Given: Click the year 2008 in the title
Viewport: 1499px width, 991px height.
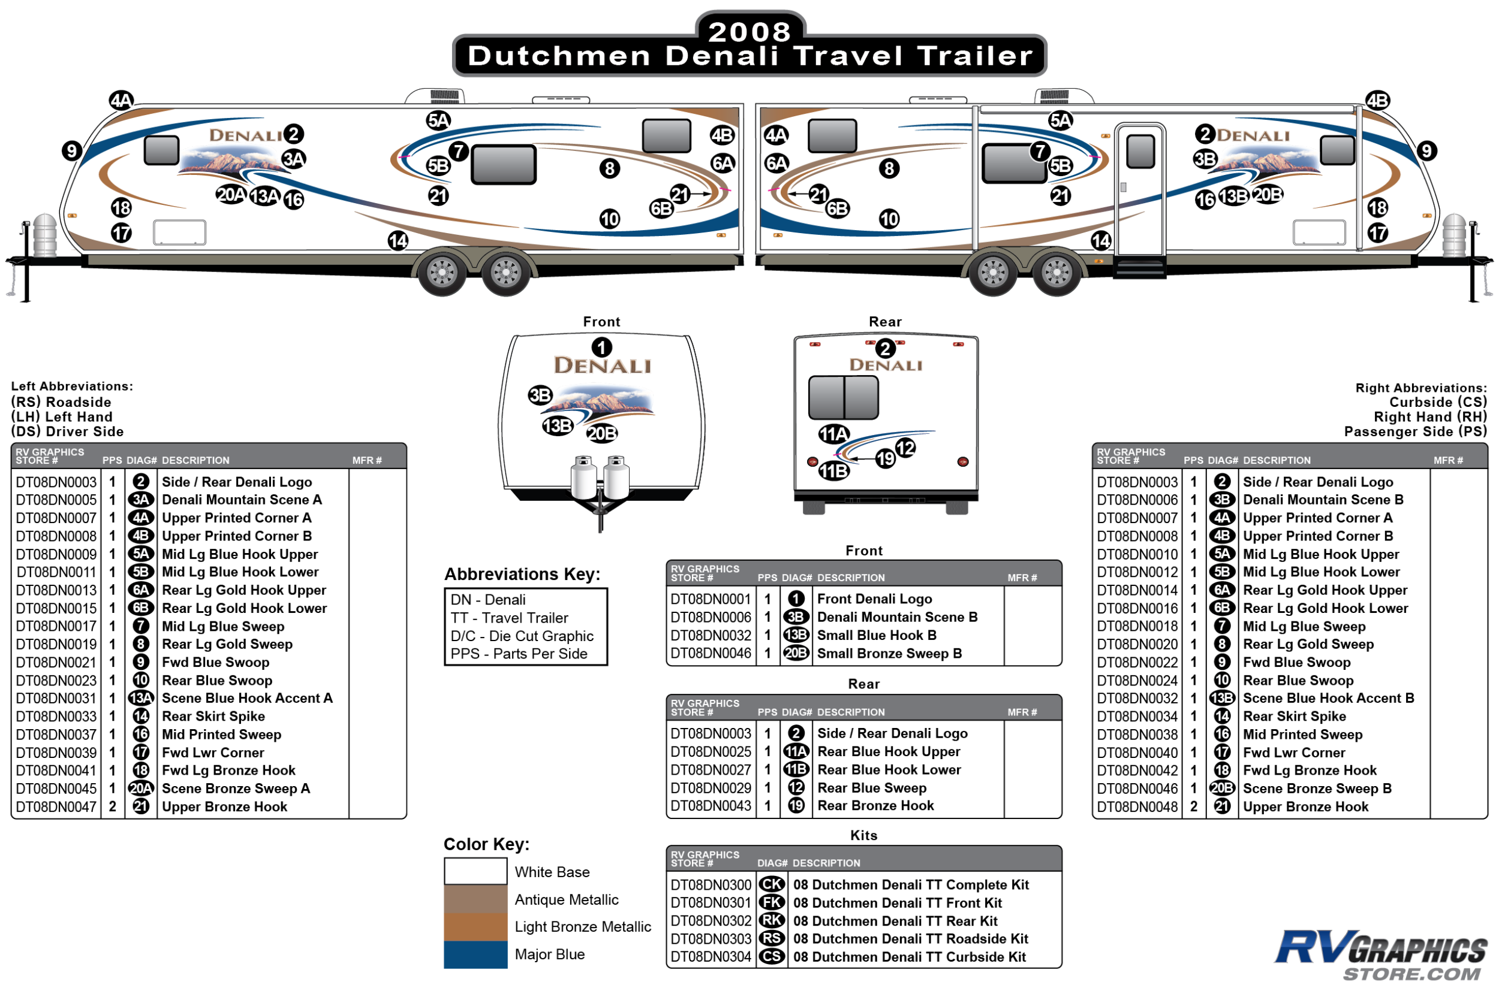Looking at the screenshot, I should click(x=749, y=32).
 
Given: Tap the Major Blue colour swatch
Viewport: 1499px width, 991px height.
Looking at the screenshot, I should click(x=475, y=954).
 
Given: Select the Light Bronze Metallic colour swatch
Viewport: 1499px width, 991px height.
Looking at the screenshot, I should click(x=475, y=926).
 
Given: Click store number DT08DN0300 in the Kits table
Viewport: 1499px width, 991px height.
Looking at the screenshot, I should click(x=711, y=885).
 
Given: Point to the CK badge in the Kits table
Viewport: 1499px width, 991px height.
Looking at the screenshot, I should click(x=772, y=885).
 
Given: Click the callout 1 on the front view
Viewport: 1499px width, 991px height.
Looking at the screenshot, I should click(x=601, y=348).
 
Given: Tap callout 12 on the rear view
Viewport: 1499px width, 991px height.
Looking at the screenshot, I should click(x=905, y=448).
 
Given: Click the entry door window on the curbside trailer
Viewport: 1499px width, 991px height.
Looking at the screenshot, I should click(x=1140, y=151).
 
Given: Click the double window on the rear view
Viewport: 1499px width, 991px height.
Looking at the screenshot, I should click(x=843, y=397).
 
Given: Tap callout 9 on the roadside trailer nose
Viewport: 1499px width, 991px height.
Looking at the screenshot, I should click(x=71, y=151).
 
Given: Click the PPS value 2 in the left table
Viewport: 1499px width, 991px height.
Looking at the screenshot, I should click(x=113, y=807).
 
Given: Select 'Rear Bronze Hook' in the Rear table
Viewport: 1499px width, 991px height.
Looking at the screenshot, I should click(x=875, y=806).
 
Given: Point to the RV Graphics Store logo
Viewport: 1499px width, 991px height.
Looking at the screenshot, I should click(x=1380, y=954).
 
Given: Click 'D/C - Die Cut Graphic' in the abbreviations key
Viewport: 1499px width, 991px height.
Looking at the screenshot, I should click(x=522, y=636).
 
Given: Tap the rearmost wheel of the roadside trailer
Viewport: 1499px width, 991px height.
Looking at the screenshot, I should click(x=505, y=273).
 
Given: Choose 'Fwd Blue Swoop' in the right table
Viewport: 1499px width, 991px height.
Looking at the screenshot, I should click(x=1296, y=662).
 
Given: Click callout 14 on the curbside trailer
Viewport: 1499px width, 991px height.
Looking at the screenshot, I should click(x=1101, y=241).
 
